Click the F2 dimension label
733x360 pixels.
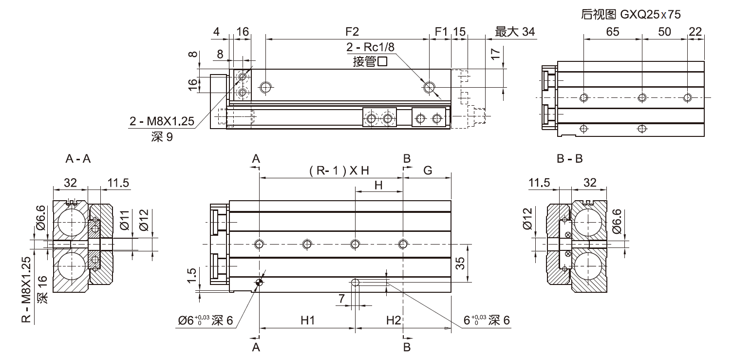point(352,32)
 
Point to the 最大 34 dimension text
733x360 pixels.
point(515,32)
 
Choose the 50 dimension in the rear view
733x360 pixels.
point(664,32)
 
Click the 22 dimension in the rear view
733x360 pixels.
point(695,32)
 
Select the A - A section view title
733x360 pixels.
point(78,158)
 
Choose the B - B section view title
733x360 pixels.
point(570,158)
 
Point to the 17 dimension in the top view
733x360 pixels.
point(495,54)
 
